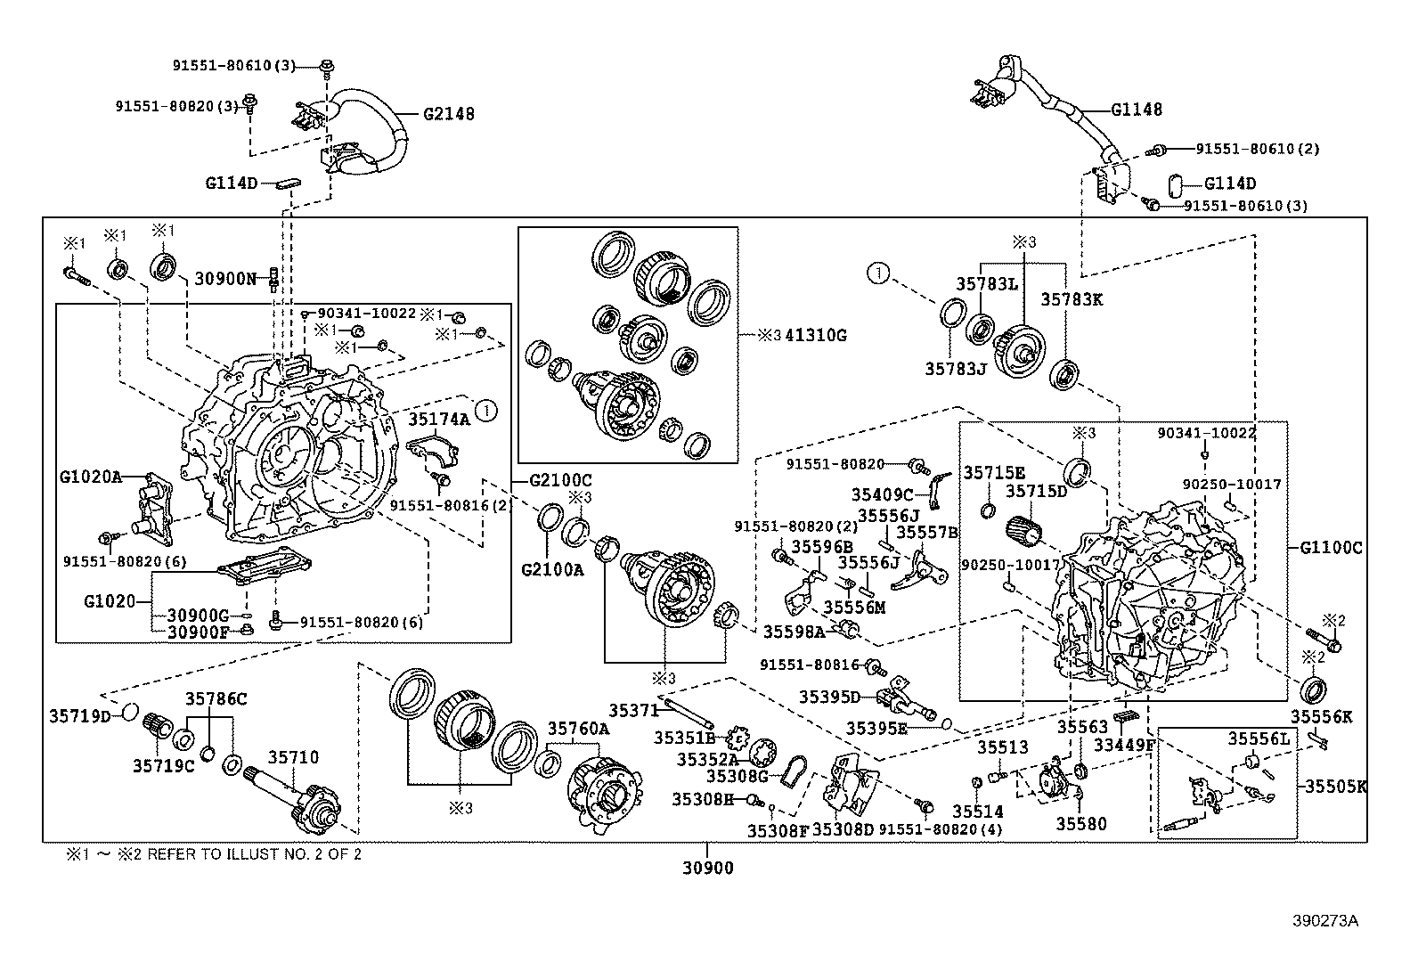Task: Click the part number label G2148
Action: [x=448, y=114]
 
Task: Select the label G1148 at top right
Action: [x=1136, y=110]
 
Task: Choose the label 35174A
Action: [x=439, y=419]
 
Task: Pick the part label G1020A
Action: [x=90, y=477]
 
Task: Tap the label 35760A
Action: [x=578, y=729]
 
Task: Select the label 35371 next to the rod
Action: [x=633, y=710]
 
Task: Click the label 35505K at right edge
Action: [x=1336, y=787]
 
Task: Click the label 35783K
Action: [x=1072, y=300]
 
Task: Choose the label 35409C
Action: [x=882, y=494]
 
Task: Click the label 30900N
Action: [x=225, y=279]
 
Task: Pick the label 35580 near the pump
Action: [x=1081, y=823]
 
